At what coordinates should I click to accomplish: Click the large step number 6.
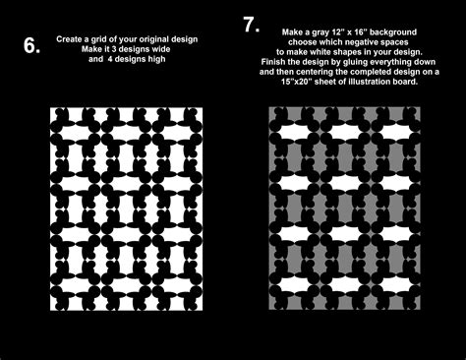31,45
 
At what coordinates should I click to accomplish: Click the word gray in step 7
329,33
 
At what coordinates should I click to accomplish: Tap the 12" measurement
351,33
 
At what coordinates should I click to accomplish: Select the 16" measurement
377,33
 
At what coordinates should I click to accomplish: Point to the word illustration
373,83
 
